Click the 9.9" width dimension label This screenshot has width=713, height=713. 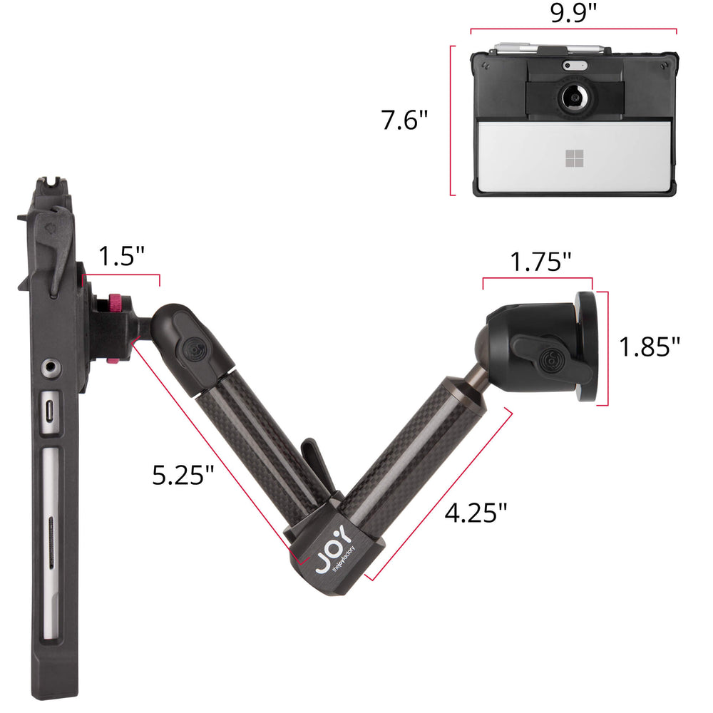click(573, 13)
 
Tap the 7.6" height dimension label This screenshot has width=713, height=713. click(404, 120)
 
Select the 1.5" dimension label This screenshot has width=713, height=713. click(121, 256)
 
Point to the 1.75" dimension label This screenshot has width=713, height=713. click(540, 262)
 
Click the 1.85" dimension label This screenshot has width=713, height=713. click(650, 347)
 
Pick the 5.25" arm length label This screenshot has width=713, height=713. click(183, 475)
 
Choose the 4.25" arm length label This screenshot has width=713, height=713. click(476, 513)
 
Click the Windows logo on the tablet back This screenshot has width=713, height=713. click(574, 158)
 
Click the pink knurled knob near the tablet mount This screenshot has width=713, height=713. click(115, 303)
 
